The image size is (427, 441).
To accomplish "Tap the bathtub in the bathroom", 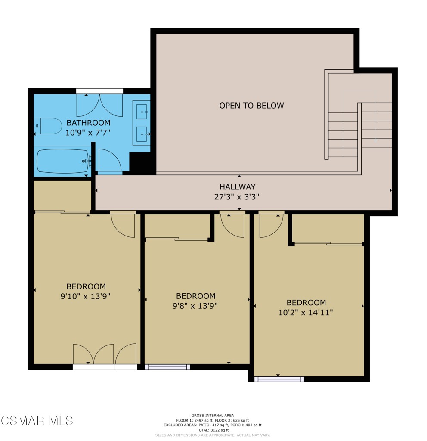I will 62,161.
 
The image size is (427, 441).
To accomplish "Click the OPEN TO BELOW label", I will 251,106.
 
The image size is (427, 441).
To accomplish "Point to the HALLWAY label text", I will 237,187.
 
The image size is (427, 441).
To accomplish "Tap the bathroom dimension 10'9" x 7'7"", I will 88,133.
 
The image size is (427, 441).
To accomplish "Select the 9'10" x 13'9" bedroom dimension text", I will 86,296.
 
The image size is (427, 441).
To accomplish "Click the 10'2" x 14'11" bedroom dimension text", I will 306,312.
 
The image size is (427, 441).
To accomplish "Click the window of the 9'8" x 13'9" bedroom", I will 167,367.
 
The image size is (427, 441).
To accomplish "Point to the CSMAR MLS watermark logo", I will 37,420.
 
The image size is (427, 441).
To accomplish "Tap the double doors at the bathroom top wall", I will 99,105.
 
